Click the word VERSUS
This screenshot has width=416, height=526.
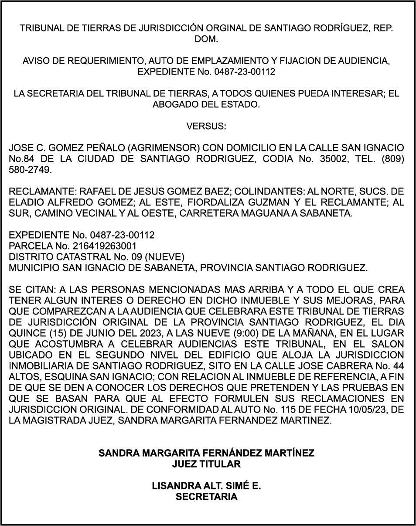[206, 126]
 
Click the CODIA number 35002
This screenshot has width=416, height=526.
[325, 159]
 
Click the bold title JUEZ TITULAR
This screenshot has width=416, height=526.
[206, 464]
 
